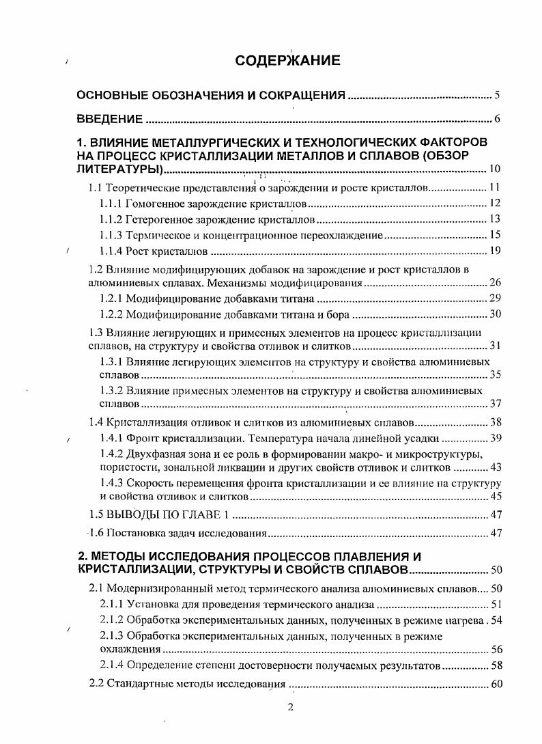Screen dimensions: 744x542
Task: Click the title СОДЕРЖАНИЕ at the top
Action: (x=287, y=61)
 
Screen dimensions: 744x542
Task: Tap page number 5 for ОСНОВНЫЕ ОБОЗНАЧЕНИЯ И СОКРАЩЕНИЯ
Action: (x=498, y=95)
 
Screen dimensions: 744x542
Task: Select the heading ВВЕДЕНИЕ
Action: (x=109, y=120)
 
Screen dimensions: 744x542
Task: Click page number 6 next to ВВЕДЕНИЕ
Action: (x=498, y=120)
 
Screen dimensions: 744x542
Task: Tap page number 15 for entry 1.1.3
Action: (x=495, y=235)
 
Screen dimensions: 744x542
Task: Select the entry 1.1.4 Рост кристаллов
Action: (x=153, y=251)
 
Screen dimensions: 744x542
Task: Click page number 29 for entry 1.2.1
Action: (x=495, y=299)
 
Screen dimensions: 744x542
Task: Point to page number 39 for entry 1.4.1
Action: (x=495, y=438)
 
